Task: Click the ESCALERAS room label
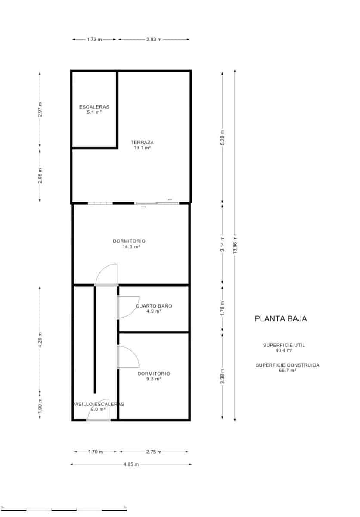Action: tap(94, 107)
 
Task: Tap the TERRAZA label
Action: tap(142, 143)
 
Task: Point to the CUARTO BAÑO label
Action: tap(154, 306)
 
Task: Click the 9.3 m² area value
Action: tap(154, 379)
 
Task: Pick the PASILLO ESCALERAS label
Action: tap(98, 404)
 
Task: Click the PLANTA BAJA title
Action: tap(280, 319)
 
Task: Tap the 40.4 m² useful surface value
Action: tap(281, 351)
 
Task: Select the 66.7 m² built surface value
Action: tap(288, 370)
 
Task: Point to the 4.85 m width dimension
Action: tap(130, 464)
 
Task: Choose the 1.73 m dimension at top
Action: tap(94, 40)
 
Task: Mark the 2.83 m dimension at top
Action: tap(153, 40)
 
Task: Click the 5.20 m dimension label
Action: tap(223, 138)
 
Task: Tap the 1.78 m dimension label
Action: tap(223, 308)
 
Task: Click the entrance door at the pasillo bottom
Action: tap(98, 411)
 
